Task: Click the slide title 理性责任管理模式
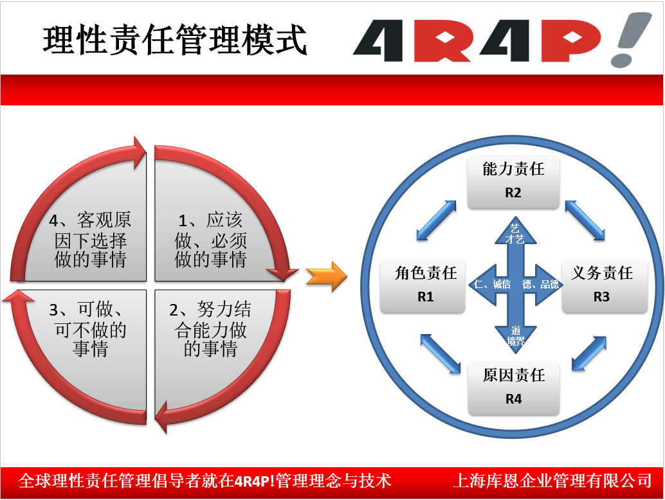coord(175,40)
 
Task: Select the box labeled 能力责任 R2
coord(513,183)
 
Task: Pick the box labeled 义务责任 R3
coord(605,286)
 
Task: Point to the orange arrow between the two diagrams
coord(327,277)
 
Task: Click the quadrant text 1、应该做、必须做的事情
coord(211,240)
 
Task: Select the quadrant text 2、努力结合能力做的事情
coord(210,329)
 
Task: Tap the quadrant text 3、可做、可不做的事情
coord(88,329)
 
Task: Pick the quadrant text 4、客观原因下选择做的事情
coord(90,240)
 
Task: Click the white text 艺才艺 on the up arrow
coord(515,234)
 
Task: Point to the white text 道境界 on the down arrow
coord(516,335)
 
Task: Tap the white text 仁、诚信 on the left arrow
coord(493,284)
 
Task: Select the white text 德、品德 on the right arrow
coord(541,284)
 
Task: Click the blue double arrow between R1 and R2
coord(437,220)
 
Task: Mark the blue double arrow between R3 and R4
coord(589,354)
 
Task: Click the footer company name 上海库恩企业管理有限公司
coord(552,481)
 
